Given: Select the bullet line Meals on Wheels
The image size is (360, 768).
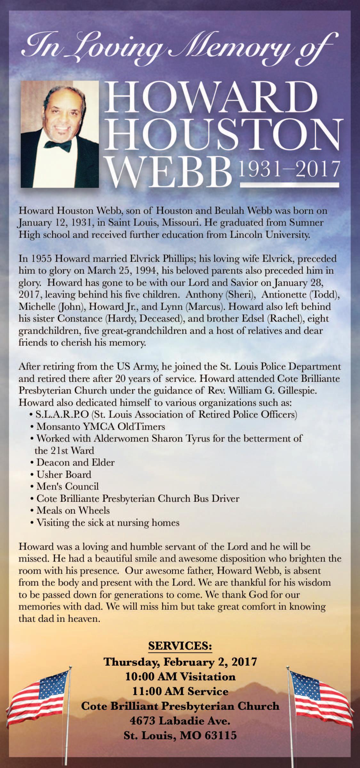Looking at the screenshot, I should pos(73,510).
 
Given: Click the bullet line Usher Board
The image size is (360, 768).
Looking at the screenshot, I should pos(64,474).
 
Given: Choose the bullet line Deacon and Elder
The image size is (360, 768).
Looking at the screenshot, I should pos(76,462).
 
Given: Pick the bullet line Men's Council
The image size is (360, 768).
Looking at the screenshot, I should pos(68,486).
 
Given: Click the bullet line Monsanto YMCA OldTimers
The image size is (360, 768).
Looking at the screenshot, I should pos(101,427).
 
